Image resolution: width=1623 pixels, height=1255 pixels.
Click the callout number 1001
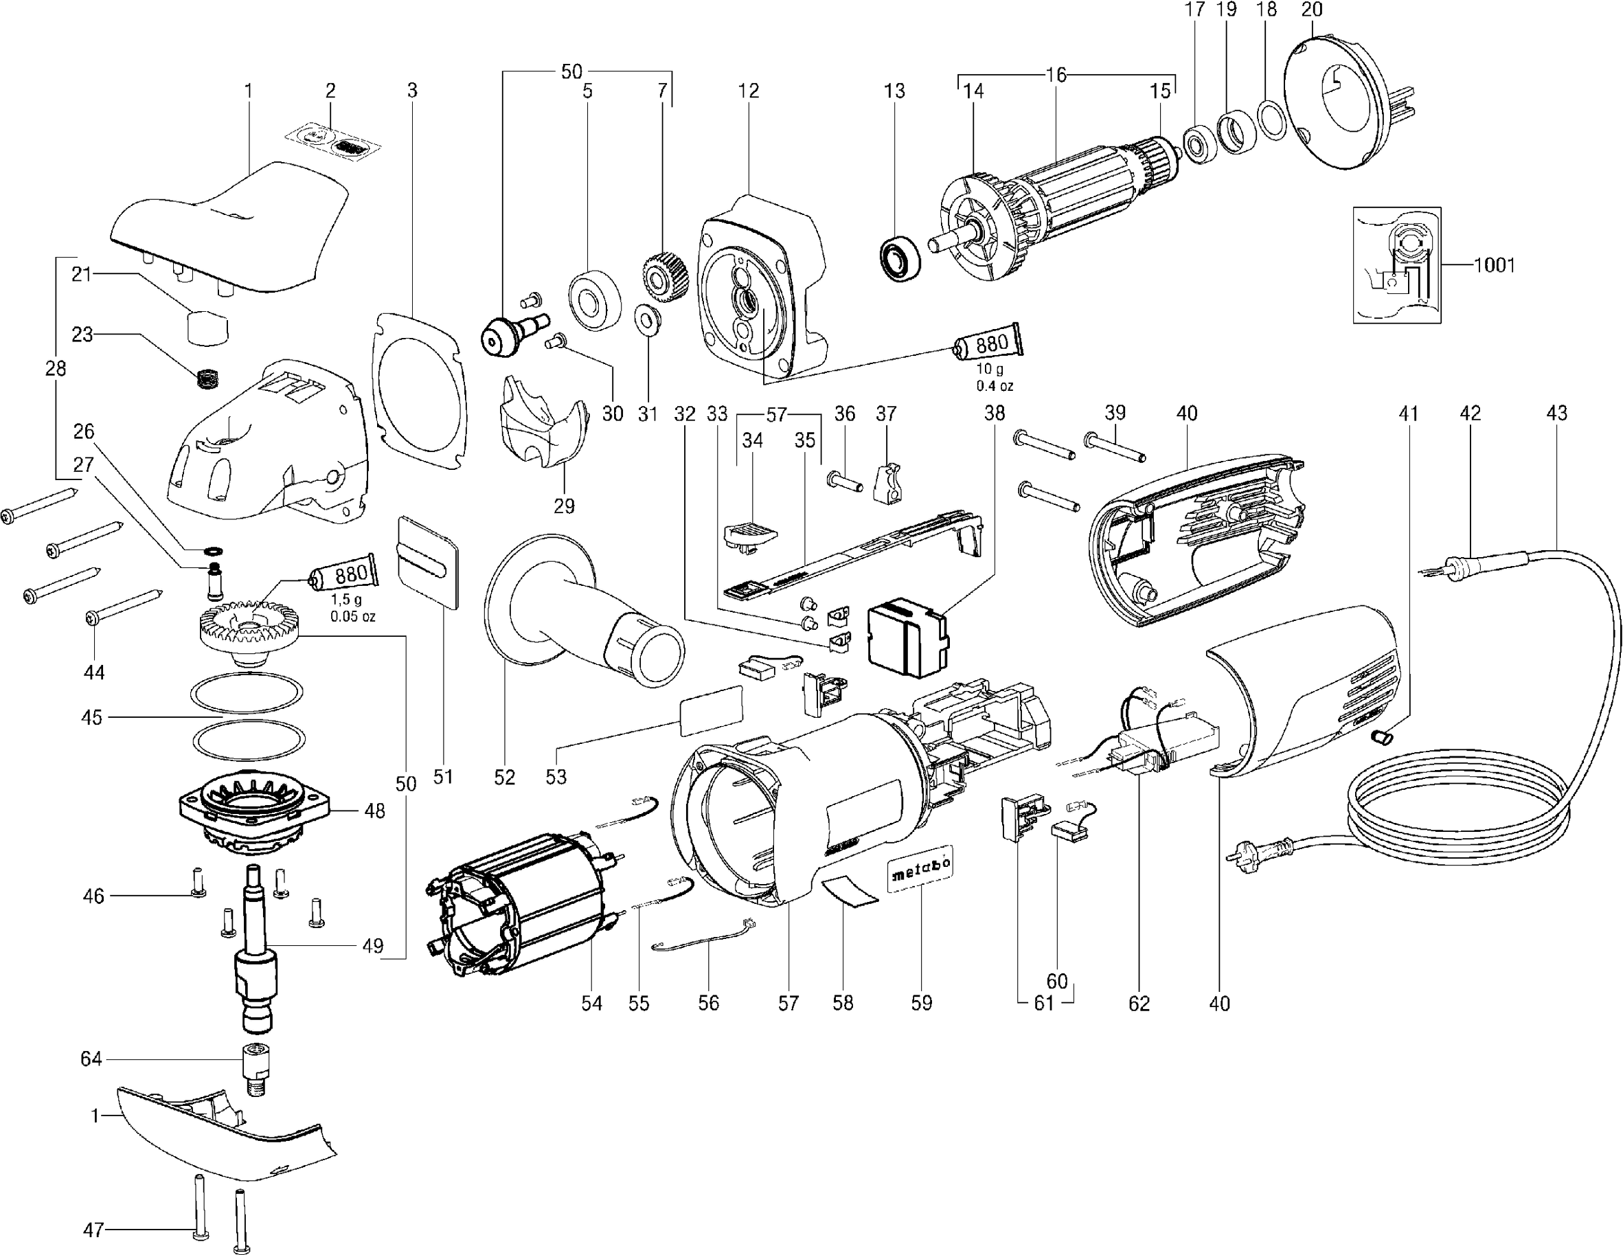pyautogui.click(x=1494, y=264)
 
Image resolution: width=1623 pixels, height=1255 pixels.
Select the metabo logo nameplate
pyautogui.click(x=921, y=868)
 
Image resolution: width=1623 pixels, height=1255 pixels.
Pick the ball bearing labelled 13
pyautogui.click(x=900, y=258)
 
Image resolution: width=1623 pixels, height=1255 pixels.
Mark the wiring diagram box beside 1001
pyautogui.click(x=1397, y=265)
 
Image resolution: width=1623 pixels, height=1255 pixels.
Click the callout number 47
pyautogui.click(x=93, y=1230)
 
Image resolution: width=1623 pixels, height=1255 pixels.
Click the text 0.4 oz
pyautogui.click(x=995, y=385)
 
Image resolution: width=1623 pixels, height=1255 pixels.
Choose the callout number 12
pyautogui.click(x=749, y=91)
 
